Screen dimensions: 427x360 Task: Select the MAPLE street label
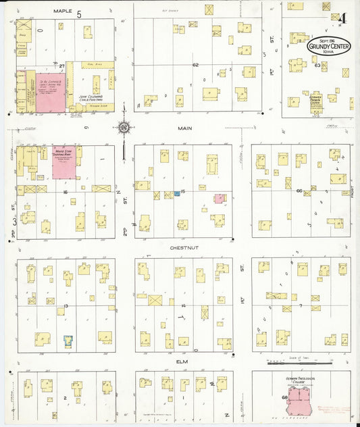(x=62, y=11)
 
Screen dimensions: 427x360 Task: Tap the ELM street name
(x=181, y=361)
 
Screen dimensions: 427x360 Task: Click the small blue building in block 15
(x=177, y=193)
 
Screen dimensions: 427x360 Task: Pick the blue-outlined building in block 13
(x=68, y=340)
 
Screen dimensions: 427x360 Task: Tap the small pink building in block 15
(x=220, y=199)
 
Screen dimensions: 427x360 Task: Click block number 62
(x=195, y=65)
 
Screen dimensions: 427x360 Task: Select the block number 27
(x=61, y=66)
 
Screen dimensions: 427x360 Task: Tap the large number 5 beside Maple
(x=80, y=14)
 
